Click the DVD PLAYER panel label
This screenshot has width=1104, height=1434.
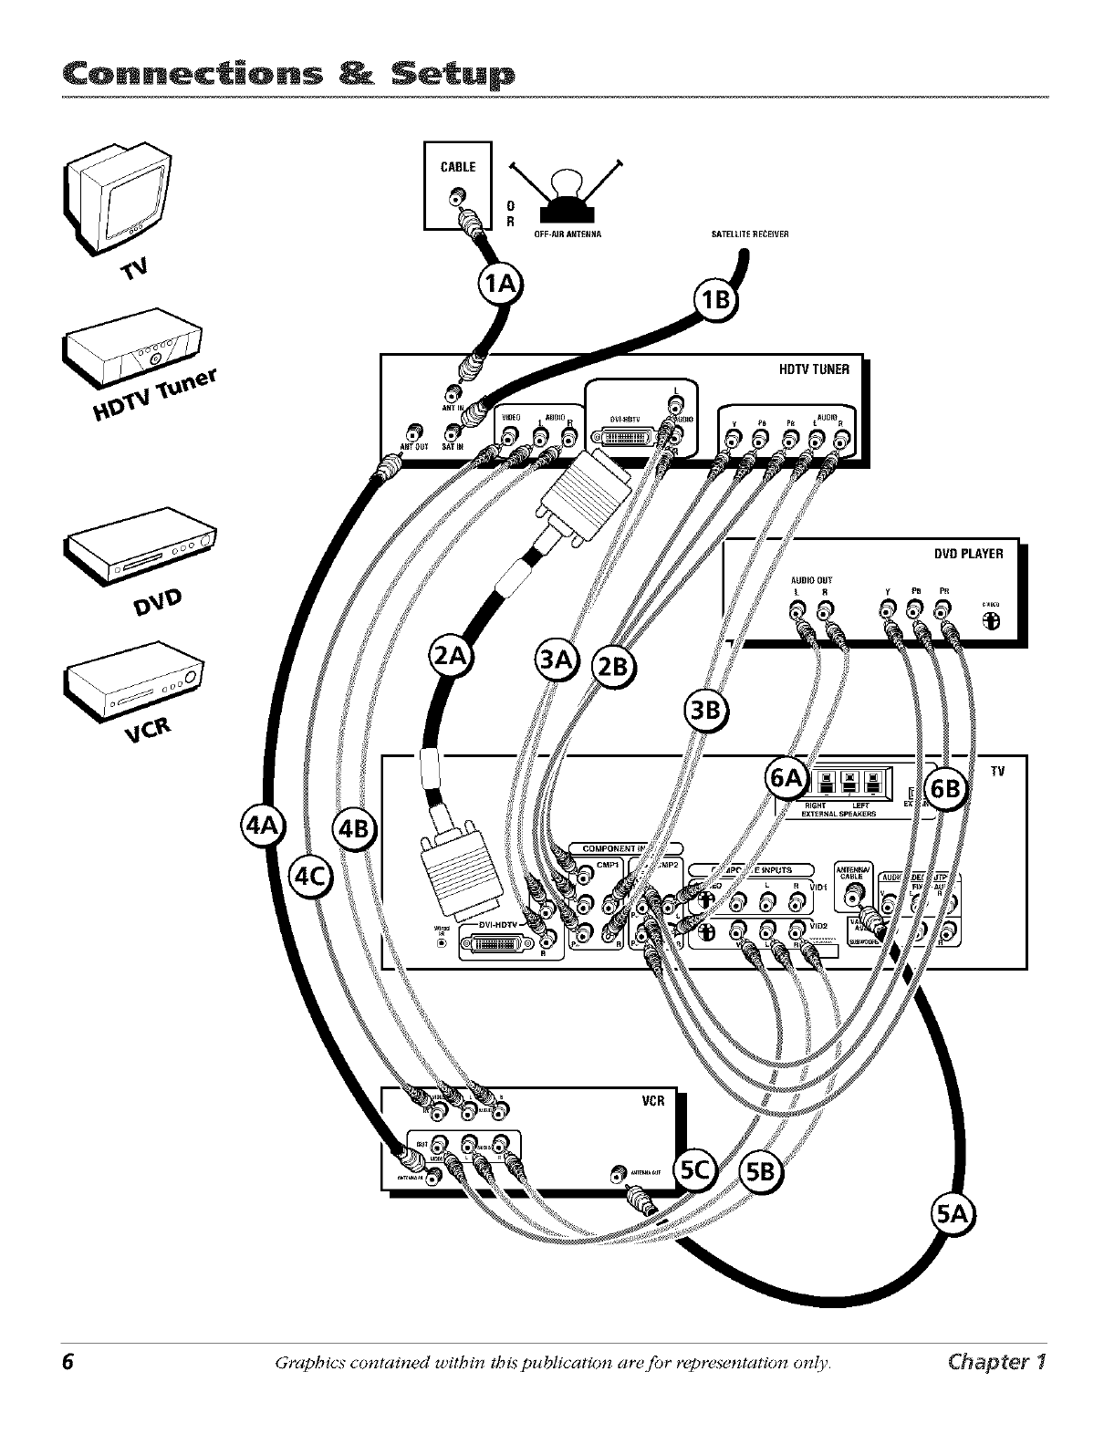(968, 554)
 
